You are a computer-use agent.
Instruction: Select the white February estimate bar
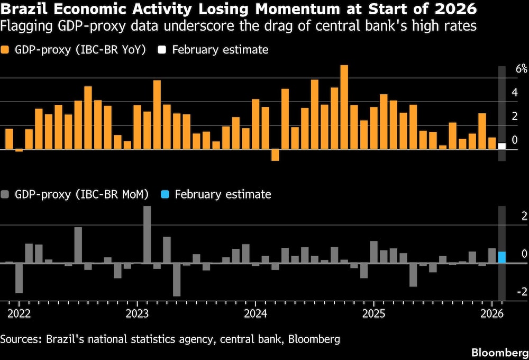pos(501,146)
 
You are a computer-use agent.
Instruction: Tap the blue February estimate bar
pos(501,257)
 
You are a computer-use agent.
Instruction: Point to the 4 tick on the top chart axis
pos(514,93)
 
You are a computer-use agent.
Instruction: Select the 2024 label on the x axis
pos(255,313)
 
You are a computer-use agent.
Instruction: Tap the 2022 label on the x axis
pos(19,313)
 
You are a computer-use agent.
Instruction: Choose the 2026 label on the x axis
pos(491,313)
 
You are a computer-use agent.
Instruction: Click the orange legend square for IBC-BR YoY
pos(5,50)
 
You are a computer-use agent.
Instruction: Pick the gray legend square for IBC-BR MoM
pos(5,194)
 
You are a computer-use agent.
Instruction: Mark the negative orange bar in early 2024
pos(275,155)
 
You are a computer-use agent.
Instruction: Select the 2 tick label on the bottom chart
pos(524,216)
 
